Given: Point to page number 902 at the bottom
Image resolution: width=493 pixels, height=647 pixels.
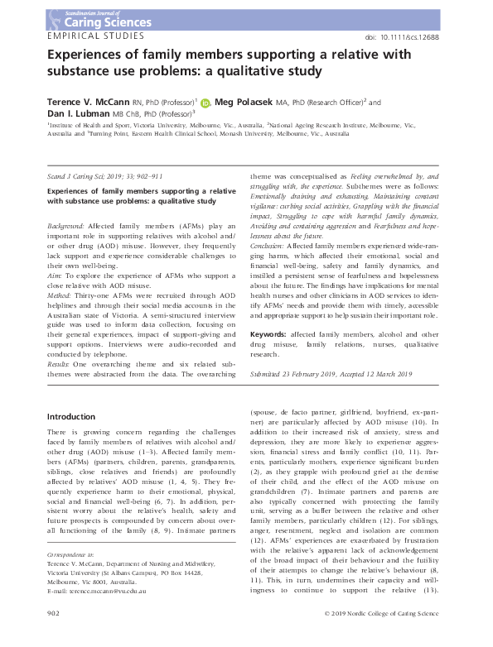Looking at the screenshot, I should click(54, 635).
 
